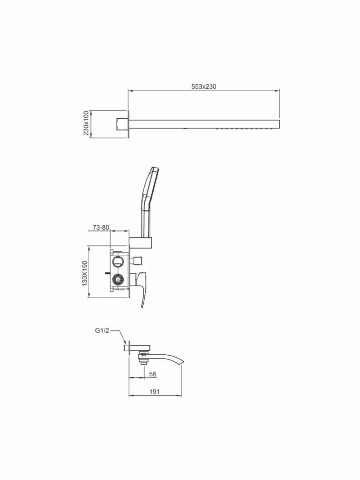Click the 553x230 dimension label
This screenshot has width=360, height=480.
click(x=204, y=86)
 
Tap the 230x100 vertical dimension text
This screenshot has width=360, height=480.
click(x=86, y=123)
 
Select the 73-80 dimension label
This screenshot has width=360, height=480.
click(x=101, y=228)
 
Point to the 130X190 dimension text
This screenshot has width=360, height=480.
click(x=84, y=273)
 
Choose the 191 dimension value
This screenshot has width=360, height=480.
click(x=154, y=392)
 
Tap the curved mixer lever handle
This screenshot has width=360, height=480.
click(x=142, y=289)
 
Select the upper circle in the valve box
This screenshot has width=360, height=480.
click(x=118, y=261)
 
